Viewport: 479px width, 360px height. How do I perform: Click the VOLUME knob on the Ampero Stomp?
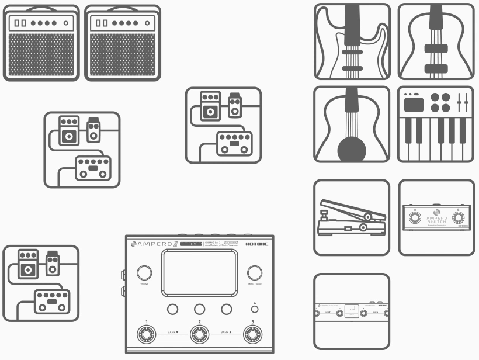click(x=144, y=273)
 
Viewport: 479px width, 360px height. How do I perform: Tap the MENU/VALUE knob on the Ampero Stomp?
click(x=254, y=273)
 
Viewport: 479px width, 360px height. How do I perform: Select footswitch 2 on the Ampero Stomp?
click(x=199, y=335)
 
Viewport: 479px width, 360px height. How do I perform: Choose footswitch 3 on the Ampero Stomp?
click(x=252, y=335)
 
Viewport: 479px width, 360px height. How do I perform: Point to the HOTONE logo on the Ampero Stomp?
click(x=257, y=244)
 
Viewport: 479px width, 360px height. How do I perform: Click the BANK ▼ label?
click(x=173, y=331)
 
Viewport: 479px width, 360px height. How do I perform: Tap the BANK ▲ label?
click(x=226, y=331)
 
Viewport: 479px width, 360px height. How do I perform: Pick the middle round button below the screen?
click(x=199, y=309)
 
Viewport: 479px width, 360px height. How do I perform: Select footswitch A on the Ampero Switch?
click(x=415, y=219)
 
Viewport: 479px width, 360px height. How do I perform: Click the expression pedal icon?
click(x=351, y=217)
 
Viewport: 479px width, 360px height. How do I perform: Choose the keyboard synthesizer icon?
click(x=435, y=124)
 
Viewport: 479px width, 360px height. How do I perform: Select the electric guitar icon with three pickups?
click(x=352, y=41)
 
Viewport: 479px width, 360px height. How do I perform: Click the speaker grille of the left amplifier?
click(x=40, y=54)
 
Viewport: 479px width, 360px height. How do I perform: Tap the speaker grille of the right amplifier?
click(x=122, y=54)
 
